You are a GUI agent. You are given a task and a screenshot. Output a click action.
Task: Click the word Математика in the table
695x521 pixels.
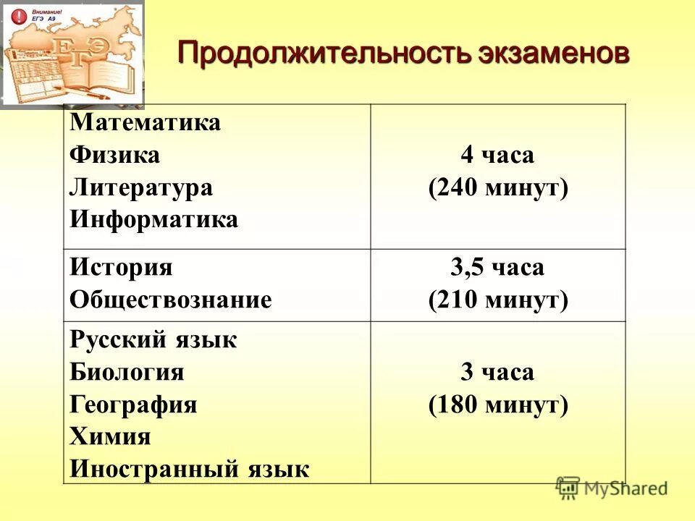pos(145,122)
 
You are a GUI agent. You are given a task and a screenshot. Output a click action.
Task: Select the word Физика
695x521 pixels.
pos(115,155)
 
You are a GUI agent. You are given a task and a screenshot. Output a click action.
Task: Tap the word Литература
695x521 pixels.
pos(142,187)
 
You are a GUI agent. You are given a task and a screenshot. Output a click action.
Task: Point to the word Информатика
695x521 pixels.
pos(154,219)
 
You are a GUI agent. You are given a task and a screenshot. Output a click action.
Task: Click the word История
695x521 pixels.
pos(122,267)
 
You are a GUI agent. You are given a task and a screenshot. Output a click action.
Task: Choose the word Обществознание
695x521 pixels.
pos(171,300)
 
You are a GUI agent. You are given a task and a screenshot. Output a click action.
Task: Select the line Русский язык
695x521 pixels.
pos(153,339)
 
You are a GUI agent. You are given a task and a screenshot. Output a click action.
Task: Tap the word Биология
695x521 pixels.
pos(127,373)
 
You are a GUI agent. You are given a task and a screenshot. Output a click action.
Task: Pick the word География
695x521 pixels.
pos(134,404)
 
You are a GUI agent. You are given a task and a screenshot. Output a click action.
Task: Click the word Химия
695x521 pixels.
pos(111,437)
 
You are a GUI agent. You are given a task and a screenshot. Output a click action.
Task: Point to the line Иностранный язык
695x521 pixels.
pos(190,470)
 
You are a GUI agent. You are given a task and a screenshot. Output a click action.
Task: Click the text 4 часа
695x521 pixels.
pos(497,156)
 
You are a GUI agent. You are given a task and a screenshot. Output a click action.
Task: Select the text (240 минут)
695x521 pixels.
pos(498,188)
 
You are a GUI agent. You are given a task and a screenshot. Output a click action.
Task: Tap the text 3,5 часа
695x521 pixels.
pos(497,268)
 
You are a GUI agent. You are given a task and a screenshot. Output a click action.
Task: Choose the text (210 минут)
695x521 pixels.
pos(498,300)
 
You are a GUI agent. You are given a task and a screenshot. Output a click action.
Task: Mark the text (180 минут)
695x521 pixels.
pos(498,405)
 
